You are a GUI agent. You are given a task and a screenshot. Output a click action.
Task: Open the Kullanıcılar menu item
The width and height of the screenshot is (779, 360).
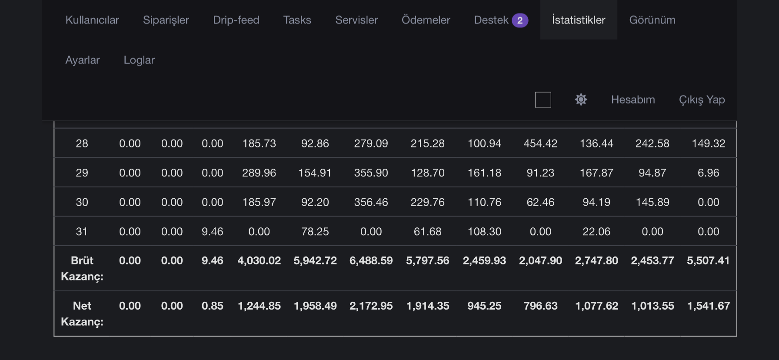pos(92,20)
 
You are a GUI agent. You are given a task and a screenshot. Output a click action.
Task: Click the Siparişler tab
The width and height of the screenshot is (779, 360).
pos(166,20)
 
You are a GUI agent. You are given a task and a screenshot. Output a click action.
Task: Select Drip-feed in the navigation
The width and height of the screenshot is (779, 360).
pos(236,20)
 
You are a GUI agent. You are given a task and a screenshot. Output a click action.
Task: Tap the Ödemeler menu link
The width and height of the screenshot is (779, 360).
pos(426,20)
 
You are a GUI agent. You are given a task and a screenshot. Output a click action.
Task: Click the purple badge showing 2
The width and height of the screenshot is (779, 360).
pos(520,20)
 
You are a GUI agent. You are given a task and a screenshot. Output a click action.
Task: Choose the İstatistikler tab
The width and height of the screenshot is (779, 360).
pos(579,20)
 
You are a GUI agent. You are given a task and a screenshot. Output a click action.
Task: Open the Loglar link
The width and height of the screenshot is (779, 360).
pos(139,60)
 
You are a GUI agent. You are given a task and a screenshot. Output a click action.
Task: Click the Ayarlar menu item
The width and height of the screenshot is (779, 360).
pos(83,60)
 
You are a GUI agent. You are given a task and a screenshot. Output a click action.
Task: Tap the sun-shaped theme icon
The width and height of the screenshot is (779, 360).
pos(581,100)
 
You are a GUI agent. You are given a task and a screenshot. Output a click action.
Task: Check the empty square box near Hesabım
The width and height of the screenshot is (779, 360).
pos(543,100)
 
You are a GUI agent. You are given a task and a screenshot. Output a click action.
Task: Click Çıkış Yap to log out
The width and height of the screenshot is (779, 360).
pos(702,100)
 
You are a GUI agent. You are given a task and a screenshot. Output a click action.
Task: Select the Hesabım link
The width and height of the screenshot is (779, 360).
pos(633,100)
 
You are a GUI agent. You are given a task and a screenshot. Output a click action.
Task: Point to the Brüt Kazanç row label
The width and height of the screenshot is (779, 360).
pos(82,268)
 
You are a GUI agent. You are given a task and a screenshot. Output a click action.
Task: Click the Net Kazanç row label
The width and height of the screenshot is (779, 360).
pos(82,313)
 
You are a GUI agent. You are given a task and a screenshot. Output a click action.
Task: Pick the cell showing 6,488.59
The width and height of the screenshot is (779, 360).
pos(371,260)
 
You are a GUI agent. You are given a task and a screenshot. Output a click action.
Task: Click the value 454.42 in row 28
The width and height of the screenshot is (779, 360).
pos(540,143)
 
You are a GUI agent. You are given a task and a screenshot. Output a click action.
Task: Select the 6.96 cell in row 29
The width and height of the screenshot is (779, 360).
pos(709,173)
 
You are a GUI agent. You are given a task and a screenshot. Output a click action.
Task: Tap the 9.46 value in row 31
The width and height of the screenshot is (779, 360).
pos(213,232)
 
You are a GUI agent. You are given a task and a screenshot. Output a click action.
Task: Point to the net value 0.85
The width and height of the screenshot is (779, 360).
pos(213,306)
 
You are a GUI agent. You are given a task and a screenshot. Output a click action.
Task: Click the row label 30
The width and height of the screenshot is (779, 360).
pos(82,202)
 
